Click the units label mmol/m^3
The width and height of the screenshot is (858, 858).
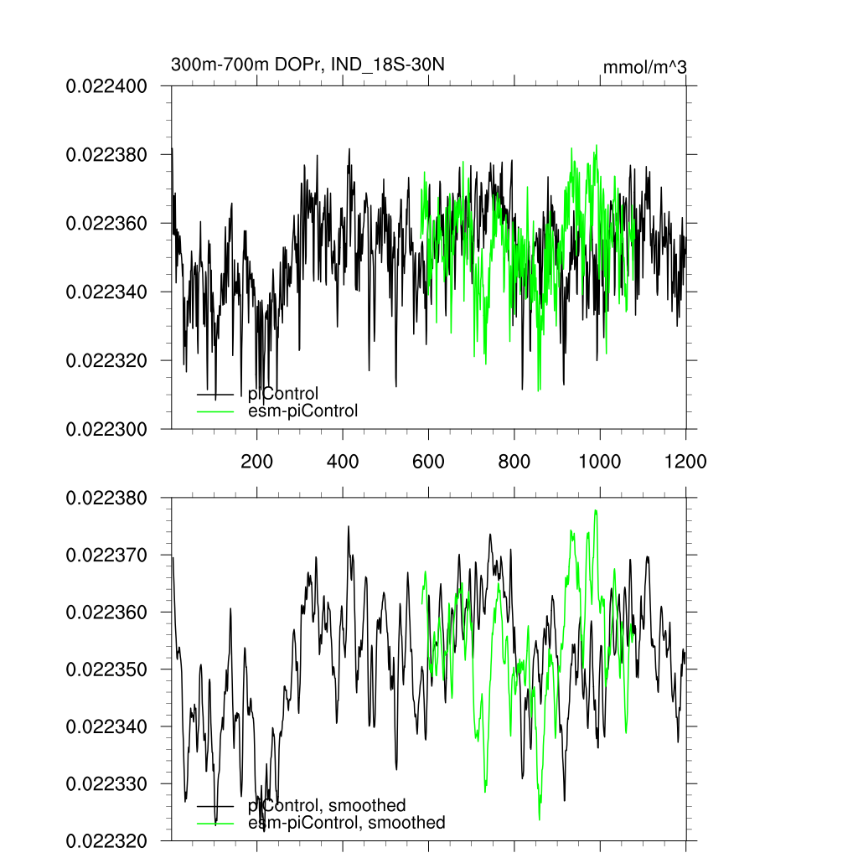click(644, 67)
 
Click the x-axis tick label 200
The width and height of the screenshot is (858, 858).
click(256, 461)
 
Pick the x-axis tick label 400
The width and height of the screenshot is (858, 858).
click(343, 461)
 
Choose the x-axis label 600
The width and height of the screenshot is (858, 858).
click(428, 461)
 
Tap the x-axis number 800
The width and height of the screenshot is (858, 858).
click(514, 461)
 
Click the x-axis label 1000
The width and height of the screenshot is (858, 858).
click(600, 461)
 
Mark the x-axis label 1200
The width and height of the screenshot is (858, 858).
click(685, 461)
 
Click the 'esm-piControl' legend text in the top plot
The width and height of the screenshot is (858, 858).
click(303, 411)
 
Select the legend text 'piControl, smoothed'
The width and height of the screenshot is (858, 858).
click(327, 806)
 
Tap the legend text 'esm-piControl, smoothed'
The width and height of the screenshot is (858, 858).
click(347, 823)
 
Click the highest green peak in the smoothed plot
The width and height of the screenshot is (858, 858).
click(596, 510)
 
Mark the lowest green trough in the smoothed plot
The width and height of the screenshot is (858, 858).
click(540, 819)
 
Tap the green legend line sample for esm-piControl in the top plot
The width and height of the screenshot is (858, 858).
click(214, 411)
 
